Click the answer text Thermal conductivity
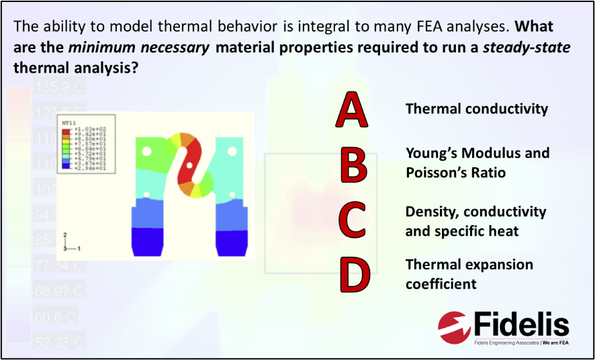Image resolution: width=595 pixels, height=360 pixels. tap(476, 109)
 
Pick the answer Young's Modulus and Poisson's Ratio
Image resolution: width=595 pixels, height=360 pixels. tap(477, 163)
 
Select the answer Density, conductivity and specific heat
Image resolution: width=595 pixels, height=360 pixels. tap(475, 221)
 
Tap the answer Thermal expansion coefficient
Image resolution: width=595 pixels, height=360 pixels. tap(469, 274)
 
